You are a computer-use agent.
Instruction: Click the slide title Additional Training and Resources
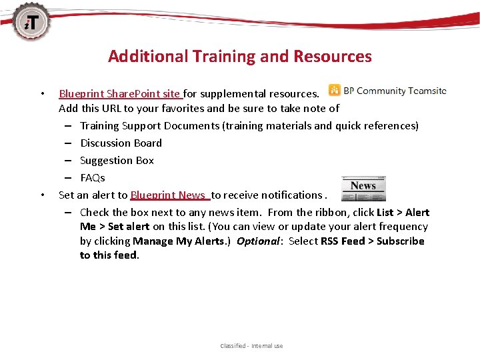point(240,56)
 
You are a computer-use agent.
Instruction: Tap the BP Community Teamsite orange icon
point(333,91)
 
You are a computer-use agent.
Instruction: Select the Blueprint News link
point(169,195)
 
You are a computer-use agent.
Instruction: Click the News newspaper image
point(363,188)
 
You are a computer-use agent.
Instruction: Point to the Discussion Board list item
point(121,143)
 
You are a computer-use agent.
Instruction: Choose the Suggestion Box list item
point(117,160)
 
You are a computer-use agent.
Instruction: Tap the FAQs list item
point(93,177)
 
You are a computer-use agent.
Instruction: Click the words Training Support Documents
point(150,125)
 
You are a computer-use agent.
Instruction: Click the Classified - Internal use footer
point(251,346)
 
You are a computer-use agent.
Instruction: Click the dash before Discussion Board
point(69,143)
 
